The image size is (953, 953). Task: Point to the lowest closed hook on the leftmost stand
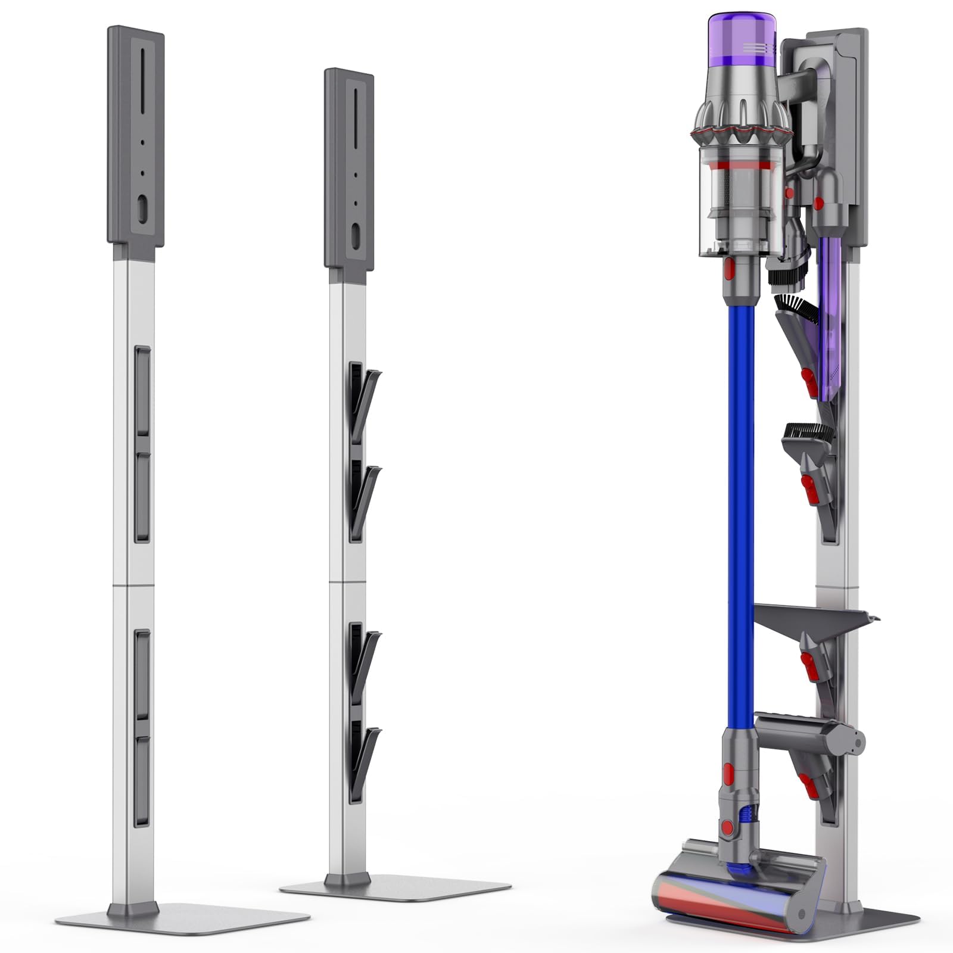tap(142, 780)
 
